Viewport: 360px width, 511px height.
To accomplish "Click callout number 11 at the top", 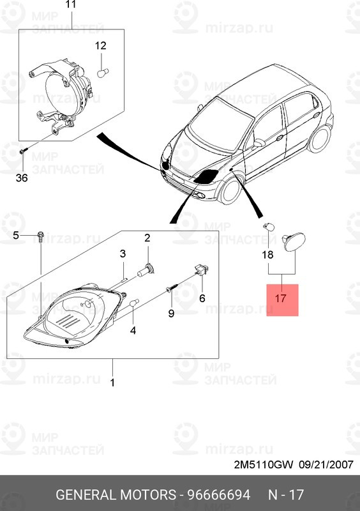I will [x=71, y=5].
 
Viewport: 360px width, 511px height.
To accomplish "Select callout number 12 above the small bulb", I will [x=101, y=45].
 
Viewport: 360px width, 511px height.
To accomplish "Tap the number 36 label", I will [x=22, y=178].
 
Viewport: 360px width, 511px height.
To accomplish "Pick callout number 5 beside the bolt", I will [x=18, y=236].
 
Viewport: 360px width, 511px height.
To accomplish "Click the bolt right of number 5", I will [x=40, y=237].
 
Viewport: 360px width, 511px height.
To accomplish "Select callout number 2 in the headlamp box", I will [x=146, y=238].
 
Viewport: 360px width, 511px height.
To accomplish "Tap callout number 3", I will [x=123, y=254].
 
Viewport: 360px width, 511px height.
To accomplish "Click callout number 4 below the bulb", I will [x=133, y=330].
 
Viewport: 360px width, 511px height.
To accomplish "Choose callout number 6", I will [x=202, y=298].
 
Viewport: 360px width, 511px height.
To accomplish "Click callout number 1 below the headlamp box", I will [x=113, y=383].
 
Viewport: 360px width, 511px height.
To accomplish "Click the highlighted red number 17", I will [x=282, y=299].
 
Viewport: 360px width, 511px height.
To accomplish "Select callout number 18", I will [x=267, y=255].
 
